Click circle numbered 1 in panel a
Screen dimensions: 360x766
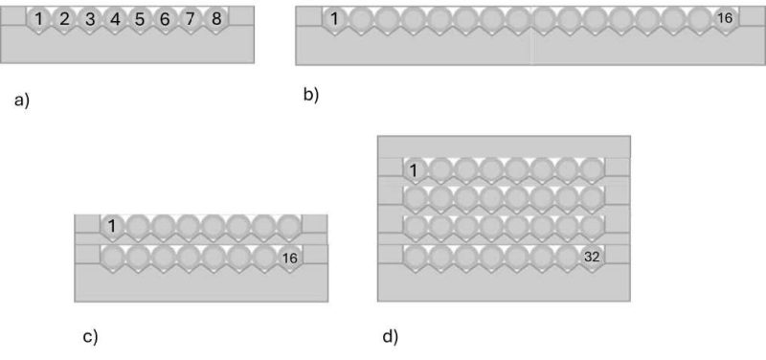[x=38, y=18]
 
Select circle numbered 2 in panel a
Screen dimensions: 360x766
[x=64, y=18]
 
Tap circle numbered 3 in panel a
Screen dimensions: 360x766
[x=89, y=18]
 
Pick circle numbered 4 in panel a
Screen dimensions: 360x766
[x=115, y=18]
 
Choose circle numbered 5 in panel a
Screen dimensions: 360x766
[x=140, y=18]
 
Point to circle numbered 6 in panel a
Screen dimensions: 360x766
[x=166, y=18]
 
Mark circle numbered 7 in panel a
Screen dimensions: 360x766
[x=191, y=18]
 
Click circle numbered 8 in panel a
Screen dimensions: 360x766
[x=216, y=18]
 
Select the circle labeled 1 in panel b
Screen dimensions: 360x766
[x=334, y=18]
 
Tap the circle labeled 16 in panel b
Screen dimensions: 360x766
[x=724, y=18]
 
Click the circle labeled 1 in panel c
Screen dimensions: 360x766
[x=112, y=226]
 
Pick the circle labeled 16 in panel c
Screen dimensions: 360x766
[x=289, y=257]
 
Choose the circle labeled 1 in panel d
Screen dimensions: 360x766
[x=414, y=170]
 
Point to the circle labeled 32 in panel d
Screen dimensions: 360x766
[x=593, y=256]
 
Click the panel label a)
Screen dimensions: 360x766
[x=22, y=99]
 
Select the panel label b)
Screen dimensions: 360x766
[x=310, y=94]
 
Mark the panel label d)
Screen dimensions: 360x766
[x=390, y=336]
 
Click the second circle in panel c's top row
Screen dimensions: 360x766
[x=138, y=226]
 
